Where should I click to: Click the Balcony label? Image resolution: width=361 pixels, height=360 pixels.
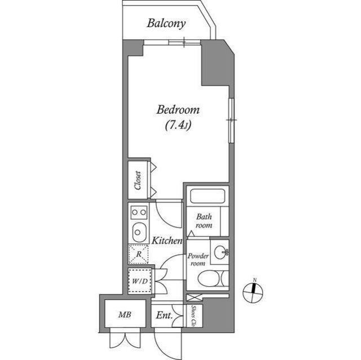(x=166, y=24)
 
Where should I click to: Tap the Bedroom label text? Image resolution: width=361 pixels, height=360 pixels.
(x=178, y=110)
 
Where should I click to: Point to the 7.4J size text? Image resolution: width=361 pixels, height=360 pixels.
(x=178, y=126)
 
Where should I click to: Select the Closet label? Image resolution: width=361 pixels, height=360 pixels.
(x=138, y=180)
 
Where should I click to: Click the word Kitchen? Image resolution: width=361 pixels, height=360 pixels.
(x=167, y=241)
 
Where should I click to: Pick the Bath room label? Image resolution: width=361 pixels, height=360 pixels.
(x=204, y=221)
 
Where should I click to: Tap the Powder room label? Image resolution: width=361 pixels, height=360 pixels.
(x=198, y=260)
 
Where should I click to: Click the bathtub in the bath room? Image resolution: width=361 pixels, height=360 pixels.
(x=208, y=196)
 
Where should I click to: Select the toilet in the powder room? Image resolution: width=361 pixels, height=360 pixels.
(x=213, y=279)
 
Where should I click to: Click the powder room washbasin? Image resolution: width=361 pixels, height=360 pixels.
(x=221, y=252)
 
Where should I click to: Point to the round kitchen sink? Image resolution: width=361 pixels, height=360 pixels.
(x=139, y=232)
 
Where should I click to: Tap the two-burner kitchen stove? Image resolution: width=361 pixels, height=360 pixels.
(x=139, y=212)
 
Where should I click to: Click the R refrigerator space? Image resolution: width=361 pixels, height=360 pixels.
(x=138, y=254)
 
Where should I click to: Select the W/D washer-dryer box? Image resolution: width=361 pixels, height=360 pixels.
(x=140, y=281)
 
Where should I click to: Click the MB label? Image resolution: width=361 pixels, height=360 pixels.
(x=125, y=314)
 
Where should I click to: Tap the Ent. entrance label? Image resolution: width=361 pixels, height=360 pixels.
(x=164, y=315)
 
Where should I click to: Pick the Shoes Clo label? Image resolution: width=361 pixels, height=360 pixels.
(x=194, y=316)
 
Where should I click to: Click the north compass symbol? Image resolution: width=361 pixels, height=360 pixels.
(x=253, y=292)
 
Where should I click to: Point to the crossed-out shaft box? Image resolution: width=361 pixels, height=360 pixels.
(x=194, y=297)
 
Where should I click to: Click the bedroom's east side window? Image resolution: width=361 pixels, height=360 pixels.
(x=231, y=121)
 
